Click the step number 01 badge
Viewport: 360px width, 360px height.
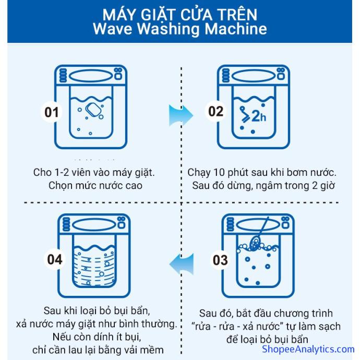(x=52, y=112)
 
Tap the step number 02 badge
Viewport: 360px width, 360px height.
(x=215, y=111)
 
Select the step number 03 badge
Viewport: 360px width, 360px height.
(x=220, y=260)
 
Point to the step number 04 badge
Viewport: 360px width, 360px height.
(x=55, y=259)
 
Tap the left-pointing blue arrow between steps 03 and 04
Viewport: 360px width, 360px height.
(x=182, y=264)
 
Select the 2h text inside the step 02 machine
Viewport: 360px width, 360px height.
(x=259, y=116)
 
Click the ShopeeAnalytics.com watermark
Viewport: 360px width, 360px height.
(x=308, y=349)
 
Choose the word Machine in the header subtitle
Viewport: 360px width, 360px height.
(x=236, y=29)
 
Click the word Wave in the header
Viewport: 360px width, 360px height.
(x=113, y=29)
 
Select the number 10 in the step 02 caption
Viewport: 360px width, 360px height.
(x=218, y=172)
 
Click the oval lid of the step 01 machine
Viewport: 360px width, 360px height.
(x=91, y=76)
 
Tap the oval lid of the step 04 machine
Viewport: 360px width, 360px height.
(x=94, y=224)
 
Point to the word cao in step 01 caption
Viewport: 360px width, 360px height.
(x=134, y=186)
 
